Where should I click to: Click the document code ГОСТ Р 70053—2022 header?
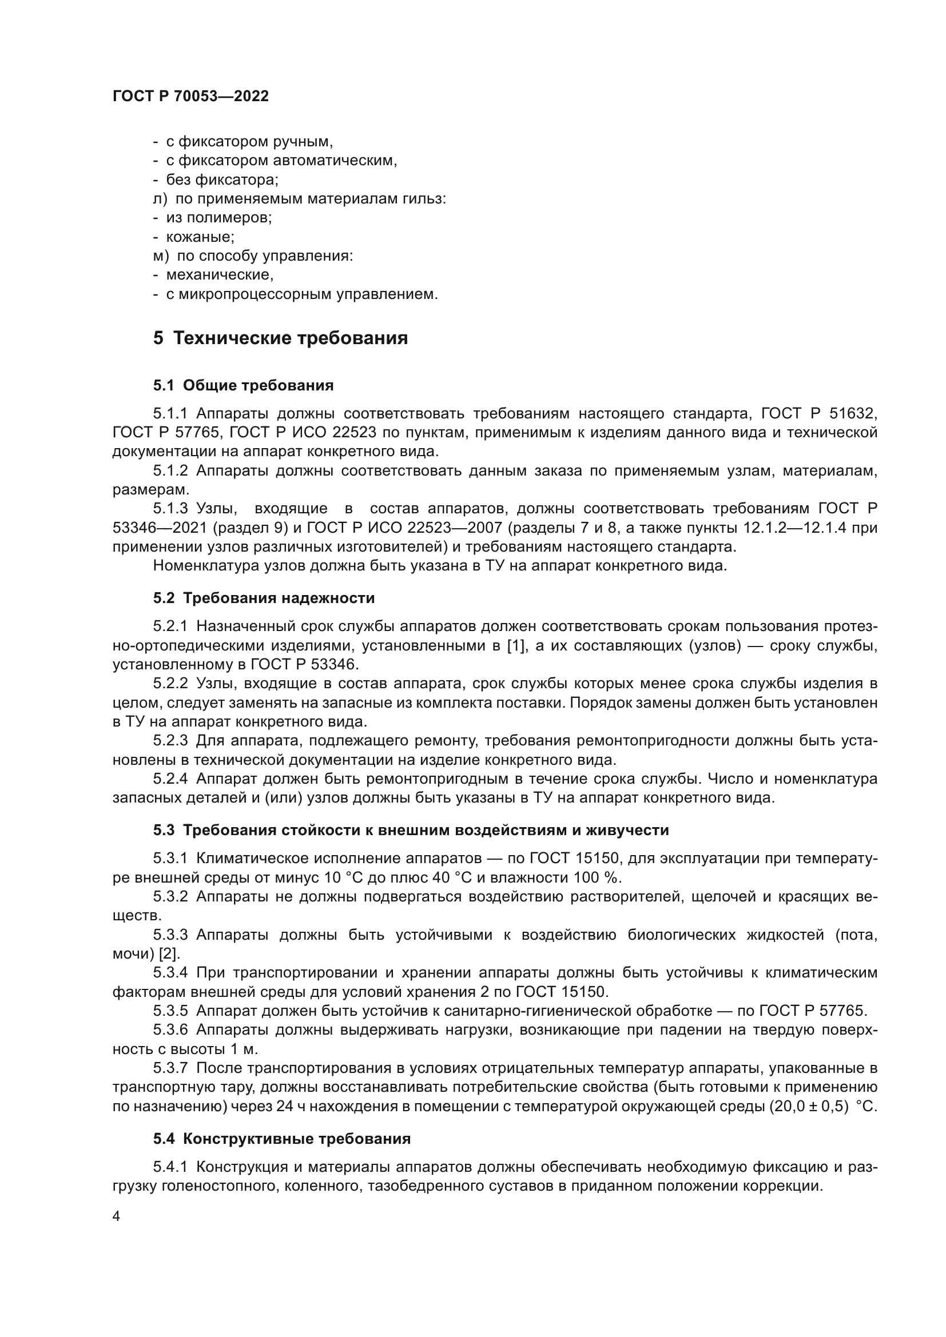190,97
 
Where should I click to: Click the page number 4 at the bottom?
117,1216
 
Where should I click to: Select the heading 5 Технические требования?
280,338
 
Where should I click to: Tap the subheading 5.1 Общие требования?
244,385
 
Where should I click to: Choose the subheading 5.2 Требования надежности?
264,598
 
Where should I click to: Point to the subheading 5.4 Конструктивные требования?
282,1139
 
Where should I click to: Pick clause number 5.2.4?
170,779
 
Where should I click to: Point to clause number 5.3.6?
170,1029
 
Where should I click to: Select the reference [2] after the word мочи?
169,954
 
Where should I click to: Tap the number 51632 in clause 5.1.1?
854,414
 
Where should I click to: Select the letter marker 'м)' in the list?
161,256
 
